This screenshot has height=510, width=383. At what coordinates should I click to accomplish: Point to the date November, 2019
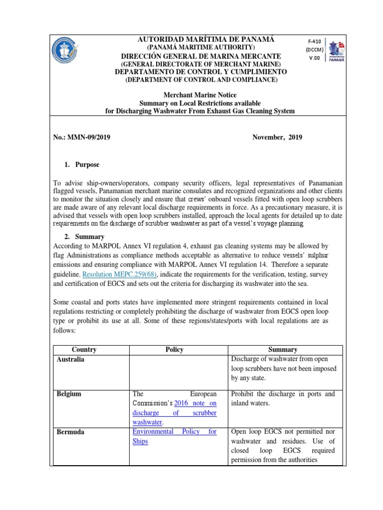click(277, 137)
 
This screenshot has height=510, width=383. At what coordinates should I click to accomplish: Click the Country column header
click(84, 350)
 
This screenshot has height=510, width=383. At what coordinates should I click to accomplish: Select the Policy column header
click(175, 350)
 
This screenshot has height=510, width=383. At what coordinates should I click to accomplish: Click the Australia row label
click(70, 359)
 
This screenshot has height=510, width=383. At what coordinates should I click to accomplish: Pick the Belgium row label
click(69, 394)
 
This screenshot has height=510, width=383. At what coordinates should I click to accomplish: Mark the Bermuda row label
click(70, 432)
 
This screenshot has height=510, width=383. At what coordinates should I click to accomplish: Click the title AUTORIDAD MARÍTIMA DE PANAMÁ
click(202, 39)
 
